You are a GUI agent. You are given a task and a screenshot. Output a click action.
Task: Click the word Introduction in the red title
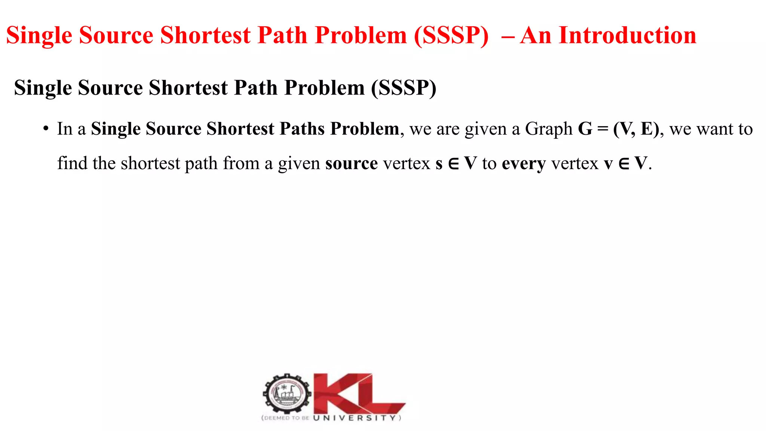coord(627,36)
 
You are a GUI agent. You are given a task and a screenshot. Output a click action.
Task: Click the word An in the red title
coord(535,36)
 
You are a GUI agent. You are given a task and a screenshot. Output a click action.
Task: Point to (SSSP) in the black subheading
coord(404,88)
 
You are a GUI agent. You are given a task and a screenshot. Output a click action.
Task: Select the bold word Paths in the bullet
coord(302,129)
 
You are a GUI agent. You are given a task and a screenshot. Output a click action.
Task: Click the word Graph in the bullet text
coord(549,129)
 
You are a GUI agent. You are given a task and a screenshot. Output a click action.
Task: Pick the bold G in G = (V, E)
coord(585,129)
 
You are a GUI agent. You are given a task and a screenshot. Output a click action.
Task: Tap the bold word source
coord(351,163)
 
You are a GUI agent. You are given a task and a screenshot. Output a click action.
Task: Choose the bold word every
coord(524,164)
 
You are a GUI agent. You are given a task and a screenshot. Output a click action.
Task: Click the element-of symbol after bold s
coord(453,164)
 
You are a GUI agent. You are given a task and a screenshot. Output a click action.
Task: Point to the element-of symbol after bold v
coord(624,164)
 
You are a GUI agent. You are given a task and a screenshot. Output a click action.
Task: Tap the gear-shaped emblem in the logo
coord(287,394)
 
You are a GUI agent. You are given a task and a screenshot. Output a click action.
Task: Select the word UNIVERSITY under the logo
coord(354,418)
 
